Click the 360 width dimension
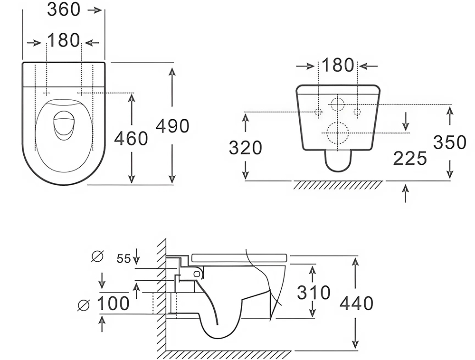[64, 9]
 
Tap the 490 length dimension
[173, 125]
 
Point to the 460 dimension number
[131, 138]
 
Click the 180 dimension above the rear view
[338, 65]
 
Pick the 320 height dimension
[245, 148]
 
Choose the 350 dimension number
[449, 142]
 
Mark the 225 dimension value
[410, 159]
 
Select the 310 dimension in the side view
[313, 293]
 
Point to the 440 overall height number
[356, 303]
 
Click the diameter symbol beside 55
[97, 257]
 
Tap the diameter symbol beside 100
[84, 304]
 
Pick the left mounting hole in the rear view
[319, 112]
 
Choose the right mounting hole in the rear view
[358, 112]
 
